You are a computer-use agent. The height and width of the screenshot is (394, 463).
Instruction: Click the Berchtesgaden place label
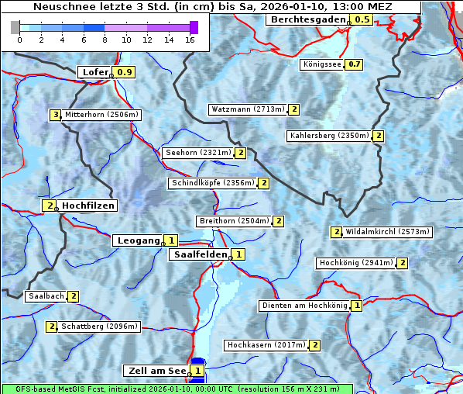(307, 19)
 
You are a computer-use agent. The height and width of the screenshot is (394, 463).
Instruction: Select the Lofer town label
(95, 72)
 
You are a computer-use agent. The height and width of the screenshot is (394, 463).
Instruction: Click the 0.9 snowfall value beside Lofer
(125, 72)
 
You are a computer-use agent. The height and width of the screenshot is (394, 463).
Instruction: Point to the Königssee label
(322, 64)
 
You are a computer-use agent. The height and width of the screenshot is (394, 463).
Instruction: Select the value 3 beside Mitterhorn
(55, 115)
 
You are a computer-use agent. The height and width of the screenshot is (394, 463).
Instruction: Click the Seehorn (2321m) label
(198, 153)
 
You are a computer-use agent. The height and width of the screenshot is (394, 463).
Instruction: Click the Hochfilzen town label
(88, 206)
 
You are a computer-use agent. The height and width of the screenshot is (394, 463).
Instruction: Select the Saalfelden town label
(200, 254)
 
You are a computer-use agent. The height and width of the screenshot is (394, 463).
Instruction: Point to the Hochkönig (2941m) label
(356, 263)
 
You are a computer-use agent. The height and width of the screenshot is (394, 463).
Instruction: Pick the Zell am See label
(156, 372)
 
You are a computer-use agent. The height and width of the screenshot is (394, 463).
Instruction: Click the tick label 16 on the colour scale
(190, 40)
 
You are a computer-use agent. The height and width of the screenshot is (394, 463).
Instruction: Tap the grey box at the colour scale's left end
(15, 27)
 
